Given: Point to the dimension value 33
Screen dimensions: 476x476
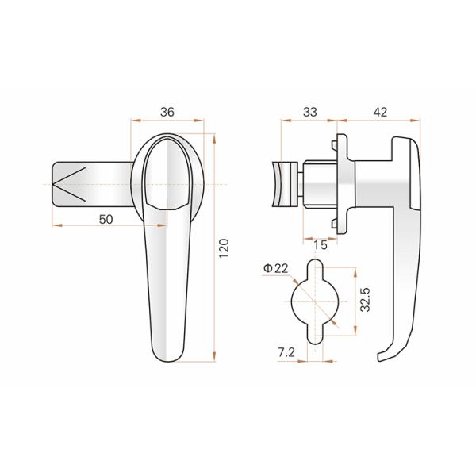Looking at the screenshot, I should (309, 113).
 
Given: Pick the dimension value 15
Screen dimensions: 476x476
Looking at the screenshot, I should (321, 245).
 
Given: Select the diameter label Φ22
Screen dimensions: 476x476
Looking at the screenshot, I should (276, 269).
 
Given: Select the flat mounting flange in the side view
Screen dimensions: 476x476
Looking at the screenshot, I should (342, 184).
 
